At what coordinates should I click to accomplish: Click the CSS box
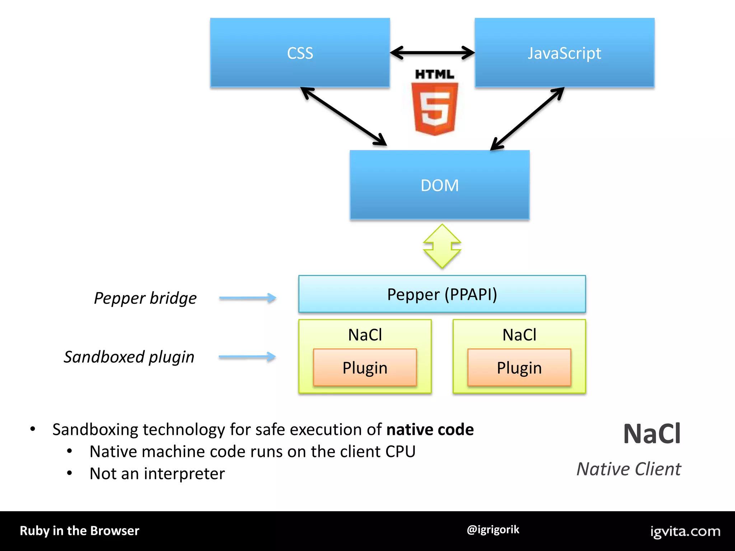coord(300,53)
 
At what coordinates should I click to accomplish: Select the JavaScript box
coord(564,53)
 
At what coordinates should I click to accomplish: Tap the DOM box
coord(439,185)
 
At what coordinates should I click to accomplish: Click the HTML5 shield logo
coord(434,108)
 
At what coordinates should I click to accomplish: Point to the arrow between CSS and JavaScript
coord(432,53)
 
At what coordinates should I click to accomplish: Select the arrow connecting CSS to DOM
coord(343,117)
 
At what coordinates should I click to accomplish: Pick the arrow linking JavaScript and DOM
coord(527,119)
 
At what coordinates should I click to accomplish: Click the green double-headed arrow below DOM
coord(442,246)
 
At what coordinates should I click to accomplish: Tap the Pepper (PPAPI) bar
coord(442,294)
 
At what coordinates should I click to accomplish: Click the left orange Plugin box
coord(365,368)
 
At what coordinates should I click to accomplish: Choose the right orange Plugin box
coord(519,368)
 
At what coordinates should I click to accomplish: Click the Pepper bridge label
coord(145,298)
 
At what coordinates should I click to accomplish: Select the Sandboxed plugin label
coord(129,357)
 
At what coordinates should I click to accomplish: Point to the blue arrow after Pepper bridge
coord(248,298)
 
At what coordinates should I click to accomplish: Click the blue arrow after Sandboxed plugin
coord(247,357)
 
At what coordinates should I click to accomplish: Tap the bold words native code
coord(430,429)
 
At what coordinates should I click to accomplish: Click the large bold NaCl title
coord(652,434)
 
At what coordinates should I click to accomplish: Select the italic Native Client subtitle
coord(628,469)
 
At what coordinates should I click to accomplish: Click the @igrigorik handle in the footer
coord(493,530)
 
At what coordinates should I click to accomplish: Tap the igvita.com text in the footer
coord(685,531)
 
